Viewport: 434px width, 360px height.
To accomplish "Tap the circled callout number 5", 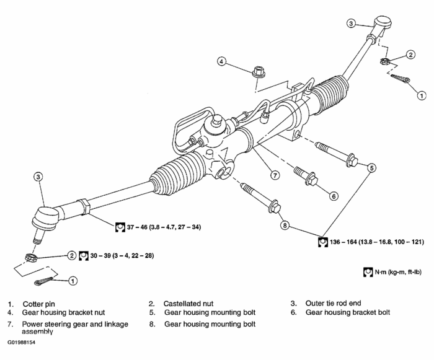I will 371,167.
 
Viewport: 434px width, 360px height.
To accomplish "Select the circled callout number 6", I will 334,196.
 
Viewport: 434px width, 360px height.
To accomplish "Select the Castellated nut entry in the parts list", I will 188,304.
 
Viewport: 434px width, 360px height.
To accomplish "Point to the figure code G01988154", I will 22,342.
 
